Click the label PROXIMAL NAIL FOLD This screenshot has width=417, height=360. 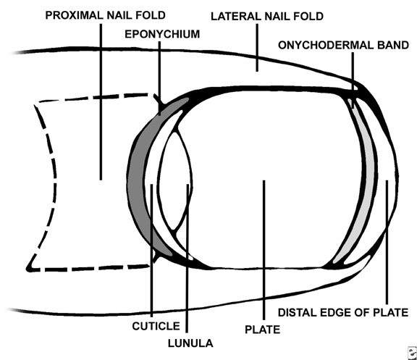[x=105, y=15]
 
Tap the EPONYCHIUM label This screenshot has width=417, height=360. [x=162, y=34]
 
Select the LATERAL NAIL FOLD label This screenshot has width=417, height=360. [x=267, y=16]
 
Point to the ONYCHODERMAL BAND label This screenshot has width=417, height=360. [x=343, y=45]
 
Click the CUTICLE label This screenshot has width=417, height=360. [x=156, y=326]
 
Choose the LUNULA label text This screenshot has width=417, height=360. [x=190, y=343]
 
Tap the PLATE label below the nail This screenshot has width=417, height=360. [x=263, y=330]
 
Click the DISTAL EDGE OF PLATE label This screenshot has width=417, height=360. [x=343, y=312]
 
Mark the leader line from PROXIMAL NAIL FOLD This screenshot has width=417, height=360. [x=101, y=102]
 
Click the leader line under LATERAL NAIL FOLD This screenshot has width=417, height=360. [x=257, y=48]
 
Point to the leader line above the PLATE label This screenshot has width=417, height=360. [x=264, y=250]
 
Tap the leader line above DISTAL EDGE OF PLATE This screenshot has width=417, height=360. [x=387, y=242]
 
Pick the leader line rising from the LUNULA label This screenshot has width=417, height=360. [x=188, y=259]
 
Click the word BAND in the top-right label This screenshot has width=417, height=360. [x=394, y=45]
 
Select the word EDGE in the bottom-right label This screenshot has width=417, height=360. [x=334, y=312]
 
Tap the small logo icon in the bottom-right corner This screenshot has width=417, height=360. [x=413, y=353]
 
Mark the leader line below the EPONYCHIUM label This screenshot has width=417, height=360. [x=159, y=78]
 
